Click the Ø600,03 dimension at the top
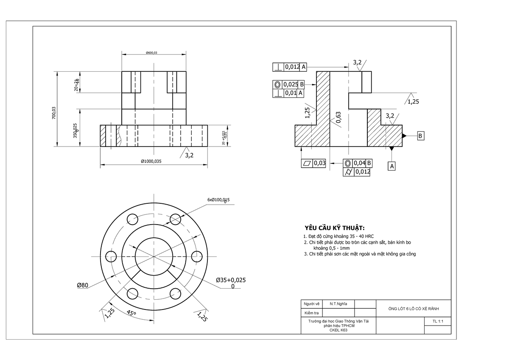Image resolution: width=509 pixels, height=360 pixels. [x=151, y=53]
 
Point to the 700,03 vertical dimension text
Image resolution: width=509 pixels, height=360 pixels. [x=54, y=113]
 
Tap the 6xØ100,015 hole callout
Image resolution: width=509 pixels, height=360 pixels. [x=218, y=200]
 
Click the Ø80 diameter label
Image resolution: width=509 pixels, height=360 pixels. [x=82, y=285]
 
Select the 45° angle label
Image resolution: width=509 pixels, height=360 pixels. [x=132, y=313]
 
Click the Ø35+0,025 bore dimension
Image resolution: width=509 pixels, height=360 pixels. [x=231, y=280]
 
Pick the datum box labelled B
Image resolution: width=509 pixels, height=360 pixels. [x=420, y=136]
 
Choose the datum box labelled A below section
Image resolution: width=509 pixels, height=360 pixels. [x=392, y=166]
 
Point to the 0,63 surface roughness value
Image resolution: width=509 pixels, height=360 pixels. [x=338, y=118]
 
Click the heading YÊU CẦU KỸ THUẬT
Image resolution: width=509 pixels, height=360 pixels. [x=334, y=227]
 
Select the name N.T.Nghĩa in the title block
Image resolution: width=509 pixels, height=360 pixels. [x=338, y=304]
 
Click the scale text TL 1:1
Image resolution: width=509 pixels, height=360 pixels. [x=438, y=322]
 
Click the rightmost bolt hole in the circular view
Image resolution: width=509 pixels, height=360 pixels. [x=197, y=257]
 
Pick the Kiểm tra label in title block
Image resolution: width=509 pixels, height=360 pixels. [x=310, y=313]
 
